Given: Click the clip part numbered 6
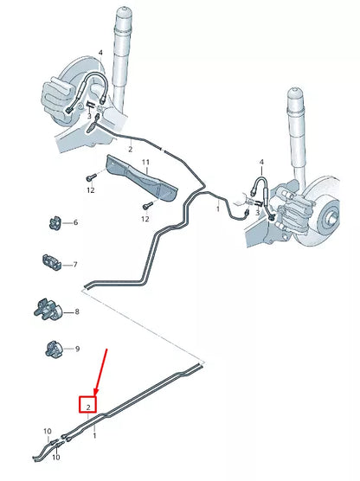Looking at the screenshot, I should click(x=52, y=223).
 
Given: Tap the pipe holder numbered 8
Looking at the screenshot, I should click(x=47, y=309).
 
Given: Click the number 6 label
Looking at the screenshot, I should click(x=75, y=223).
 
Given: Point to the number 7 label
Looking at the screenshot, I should click(x=75, y=265).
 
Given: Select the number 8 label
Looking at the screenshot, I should click(x=77, y=311).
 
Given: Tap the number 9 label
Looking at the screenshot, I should click(x=77, y=349).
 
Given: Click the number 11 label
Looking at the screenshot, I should click(x=146, y=163).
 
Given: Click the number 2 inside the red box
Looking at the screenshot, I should click(x=88, y=403).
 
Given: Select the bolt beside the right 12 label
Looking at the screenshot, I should click(x=147, y=205).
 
